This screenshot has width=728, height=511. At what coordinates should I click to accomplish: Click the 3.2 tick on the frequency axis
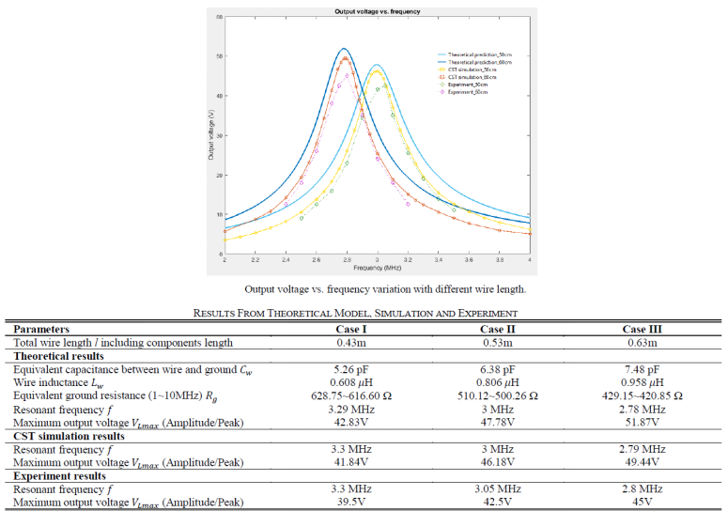point(408,260)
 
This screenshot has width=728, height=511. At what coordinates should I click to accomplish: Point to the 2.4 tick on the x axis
point(286,260)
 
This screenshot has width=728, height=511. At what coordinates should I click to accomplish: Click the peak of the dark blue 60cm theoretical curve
point(345,49)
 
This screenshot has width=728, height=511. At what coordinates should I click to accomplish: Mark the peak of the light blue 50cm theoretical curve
point(377,65)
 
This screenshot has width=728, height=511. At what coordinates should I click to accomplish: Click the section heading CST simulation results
point(69,436)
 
